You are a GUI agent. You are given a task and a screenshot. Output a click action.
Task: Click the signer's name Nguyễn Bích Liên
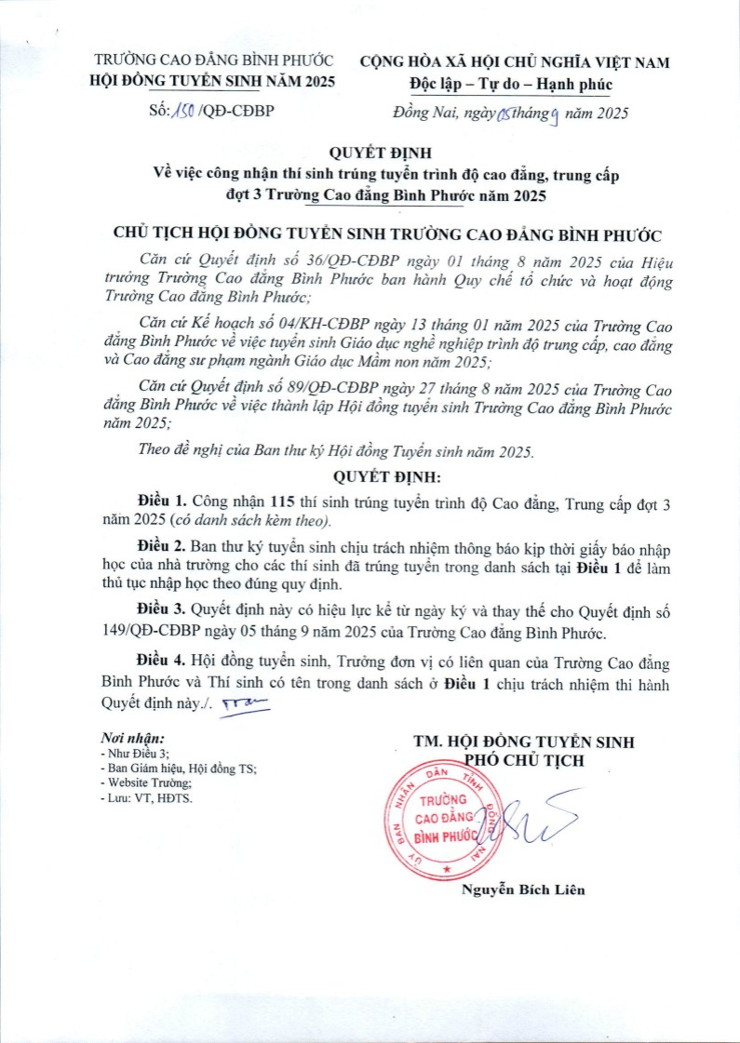tap(523, 889)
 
